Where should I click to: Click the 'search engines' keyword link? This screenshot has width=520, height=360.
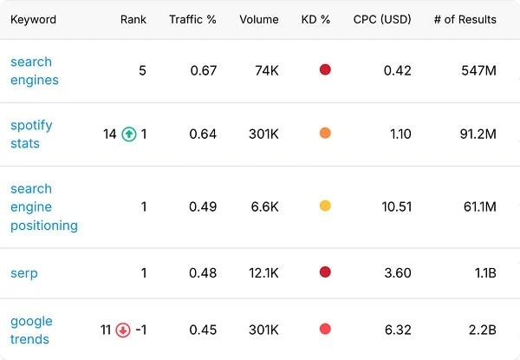pos(35,70)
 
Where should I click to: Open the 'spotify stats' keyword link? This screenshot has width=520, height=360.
pos(31,134)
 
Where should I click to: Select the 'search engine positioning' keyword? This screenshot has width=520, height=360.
pos(44,207)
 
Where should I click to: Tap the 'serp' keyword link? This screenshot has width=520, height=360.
pos(24,273)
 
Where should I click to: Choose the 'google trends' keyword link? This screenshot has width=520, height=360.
pos(31,331)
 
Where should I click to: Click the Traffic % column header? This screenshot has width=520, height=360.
pos(192,20)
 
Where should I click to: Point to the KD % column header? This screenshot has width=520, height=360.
pos(315,20)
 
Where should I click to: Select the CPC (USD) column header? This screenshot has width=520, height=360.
pos(382,20)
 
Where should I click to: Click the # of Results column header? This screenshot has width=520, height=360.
pos(465,20)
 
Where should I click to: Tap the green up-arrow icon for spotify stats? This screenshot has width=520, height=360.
pos(129,134)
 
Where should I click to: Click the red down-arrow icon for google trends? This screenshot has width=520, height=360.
pos(123,331)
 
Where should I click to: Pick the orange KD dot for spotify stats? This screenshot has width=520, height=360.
pos(325,133)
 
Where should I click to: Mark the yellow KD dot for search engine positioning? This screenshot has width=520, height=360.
pos(325,206)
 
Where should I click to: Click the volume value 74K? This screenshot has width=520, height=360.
pos(267,70)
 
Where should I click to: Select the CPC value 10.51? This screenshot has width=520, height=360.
pos(397,207)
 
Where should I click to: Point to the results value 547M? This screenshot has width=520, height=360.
pos(479,70)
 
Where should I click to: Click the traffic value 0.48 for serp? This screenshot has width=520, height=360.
pos(203,273)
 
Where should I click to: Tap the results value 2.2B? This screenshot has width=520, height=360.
pos(483,331)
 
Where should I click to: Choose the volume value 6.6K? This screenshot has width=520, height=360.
pos(264,207)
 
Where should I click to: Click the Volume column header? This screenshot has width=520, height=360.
pos(259,20)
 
